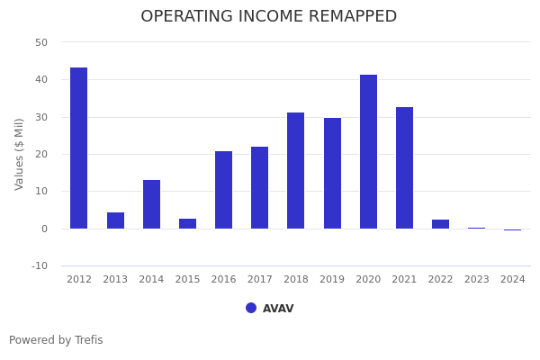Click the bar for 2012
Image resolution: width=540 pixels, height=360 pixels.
[x=79, y=148]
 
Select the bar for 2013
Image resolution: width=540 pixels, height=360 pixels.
[x=115, y=220]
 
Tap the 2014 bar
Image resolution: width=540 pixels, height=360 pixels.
[x=151, y=204]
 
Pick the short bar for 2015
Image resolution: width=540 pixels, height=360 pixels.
[x=187, y=223]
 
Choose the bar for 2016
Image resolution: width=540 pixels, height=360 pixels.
[x=223, y=190]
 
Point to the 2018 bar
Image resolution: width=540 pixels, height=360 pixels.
[x=296, y=171]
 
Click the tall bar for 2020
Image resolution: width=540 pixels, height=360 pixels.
[x=368, y=152]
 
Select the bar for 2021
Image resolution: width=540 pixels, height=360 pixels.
[x=404, y=168]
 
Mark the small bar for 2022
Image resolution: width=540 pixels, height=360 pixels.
[x=440, y=224]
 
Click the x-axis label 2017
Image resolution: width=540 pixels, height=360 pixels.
[x=259, y=280]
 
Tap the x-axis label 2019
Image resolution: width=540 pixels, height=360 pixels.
[x=332, y=280]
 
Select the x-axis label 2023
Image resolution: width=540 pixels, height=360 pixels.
[x=476, y=280]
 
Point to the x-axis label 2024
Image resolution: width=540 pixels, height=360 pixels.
[x=512, y=280]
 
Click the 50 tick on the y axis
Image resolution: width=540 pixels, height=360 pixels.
[x=41, y=42]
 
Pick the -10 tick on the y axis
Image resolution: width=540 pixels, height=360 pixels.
[x=40, y=265]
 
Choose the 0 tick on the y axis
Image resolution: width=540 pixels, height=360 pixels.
[x=44, y=229]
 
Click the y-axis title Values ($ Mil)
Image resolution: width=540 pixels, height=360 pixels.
[x=20, y=154]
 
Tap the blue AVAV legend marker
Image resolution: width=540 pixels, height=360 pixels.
[x=251, y=308]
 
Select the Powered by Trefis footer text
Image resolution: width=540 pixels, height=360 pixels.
[x=56, y=340]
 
